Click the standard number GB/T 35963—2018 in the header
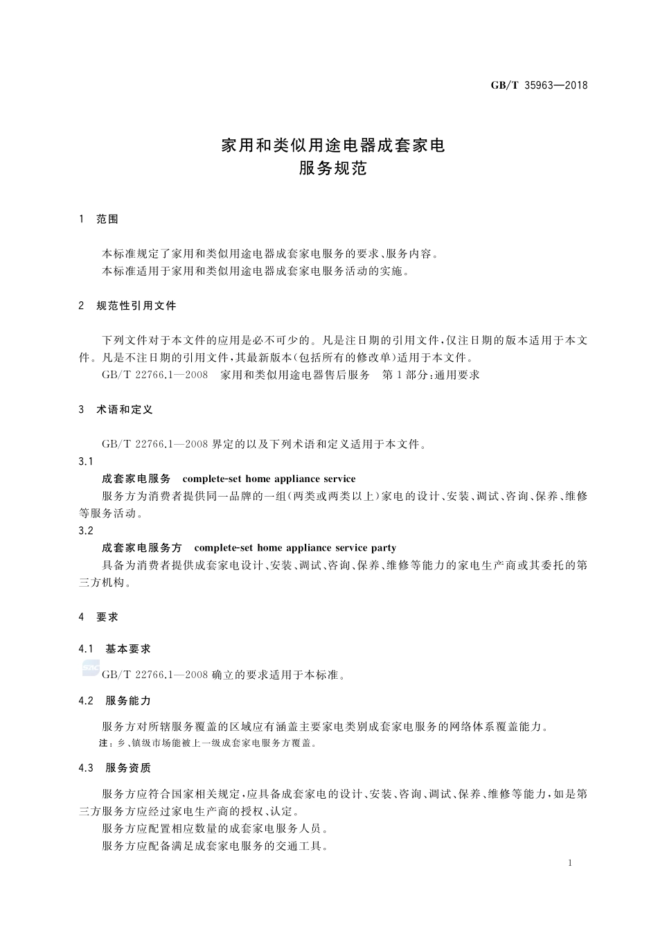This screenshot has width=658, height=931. point(539,85)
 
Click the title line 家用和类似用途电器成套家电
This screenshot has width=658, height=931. point(332,145)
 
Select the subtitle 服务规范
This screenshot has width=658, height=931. point(332,168)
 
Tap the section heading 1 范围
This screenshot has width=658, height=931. point(99,220)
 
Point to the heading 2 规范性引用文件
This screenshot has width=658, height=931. point(128,305)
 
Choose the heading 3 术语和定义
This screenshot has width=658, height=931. point(116,409)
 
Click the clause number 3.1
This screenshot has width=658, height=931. point(86,461)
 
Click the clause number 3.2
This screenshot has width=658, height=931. point(86,531)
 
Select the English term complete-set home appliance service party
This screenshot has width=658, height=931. point(295,548)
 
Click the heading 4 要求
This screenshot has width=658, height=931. point(99,617)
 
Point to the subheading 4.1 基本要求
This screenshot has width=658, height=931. point(115,649)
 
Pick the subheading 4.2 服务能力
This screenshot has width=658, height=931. point(115,701)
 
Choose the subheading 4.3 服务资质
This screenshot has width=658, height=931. point(115,768)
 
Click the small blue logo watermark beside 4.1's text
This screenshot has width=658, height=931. point(91,668)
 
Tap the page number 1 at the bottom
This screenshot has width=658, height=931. point(569,863)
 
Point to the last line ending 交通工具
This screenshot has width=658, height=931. point(215,846)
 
